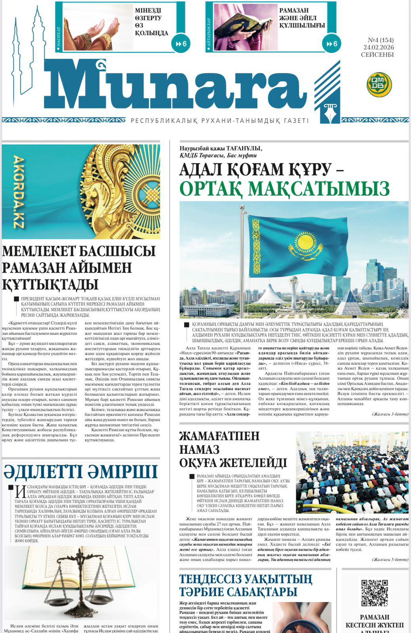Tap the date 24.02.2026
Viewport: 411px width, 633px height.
click(379, 47)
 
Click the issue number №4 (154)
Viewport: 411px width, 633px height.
click(381, 40)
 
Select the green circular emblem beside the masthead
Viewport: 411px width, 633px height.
click(379, 85)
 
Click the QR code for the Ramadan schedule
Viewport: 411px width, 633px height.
click(375, 593)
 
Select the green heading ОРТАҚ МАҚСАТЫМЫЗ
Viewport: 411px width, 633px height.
click(285, 189)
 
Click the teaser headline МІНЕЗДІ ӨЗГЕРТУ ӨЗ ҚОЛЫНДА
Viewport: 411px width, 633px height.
click(151, 22)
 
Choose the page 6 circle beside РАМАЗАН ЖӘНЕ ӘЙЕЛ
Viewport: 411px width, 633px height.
click(332, 44)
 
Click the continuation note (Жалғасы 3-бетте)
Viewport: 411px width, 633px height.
click(390, 414)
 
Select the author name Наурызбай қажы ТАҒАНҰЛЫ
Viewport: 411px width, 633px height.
click(221, 148)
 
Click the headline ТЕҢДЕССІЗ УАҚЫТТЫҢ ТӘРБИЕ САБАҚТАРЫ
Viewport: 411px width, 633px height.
click(245, 586)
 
